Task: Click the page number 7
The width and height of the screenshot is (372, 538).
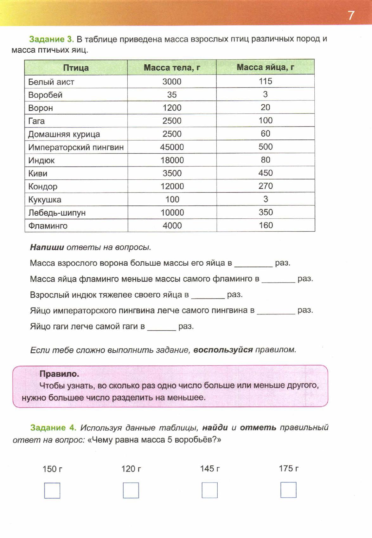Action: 351,16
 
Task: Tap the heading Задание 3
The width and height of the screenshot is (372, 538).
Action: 51,39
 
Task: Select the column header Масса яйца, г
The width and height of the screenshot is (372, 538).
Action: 265,67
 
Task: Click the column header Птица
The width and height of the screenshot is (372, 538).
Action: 76,68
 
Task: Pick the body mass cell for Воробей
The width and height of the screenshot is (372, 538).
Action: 172,94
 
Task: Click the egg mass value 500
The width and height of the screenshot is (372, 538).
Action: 265,146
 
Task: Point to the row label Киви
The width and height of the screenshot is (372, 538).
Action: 38,173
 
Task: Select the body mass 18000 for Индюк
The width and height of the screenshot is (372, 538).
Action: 172,160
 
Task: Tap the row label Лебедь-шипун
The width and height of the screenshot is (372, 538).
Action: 57,212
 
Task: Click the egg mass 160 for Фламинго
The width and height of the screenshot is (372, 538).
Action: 266,225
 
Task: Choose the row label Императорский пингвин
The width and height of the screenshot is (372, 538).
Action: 76,147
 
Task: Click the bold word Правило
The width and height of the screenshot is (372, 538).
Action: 59,374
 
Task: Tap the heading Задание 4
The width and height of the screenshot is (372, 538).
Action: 53,428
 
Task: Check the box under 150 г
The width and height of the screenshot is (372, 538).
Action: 52,490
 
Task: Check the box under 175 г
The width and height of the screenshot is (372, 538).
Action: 288,490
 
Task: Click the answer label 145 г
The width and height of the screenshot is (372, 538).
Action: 209,468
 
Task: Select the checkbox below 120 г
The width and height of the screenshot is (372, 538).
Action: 131,490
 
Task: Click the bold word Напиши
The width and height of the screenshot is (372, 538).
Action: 47,247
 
